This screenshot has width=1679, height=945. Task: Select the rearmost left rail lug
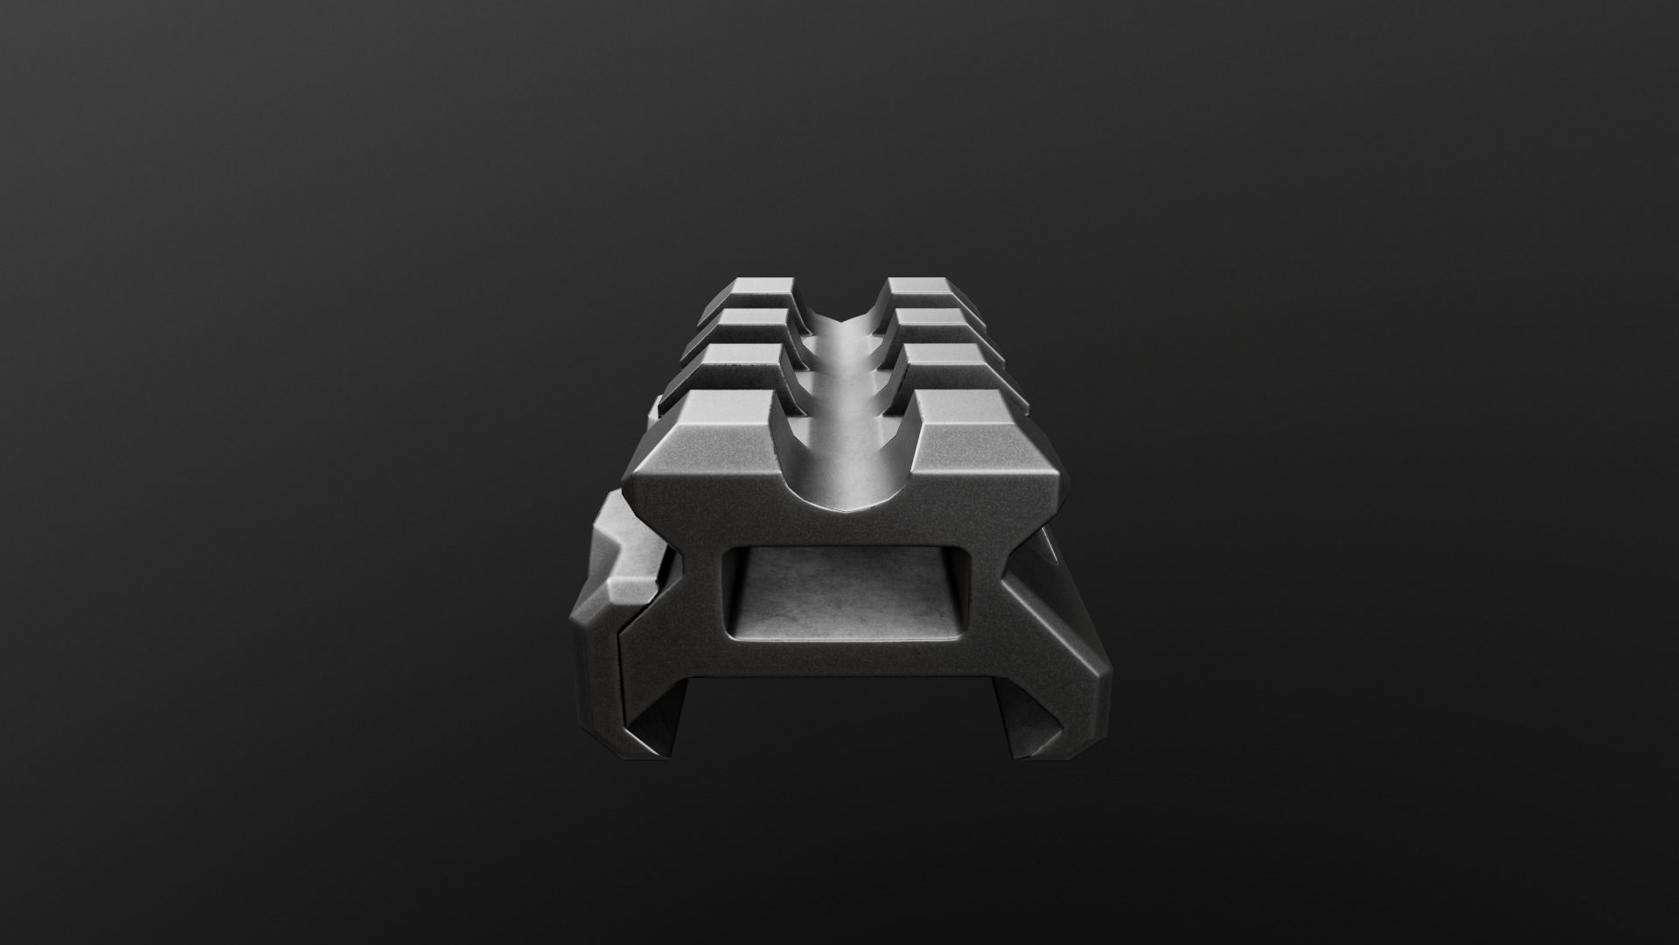(x=763, y=288)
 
